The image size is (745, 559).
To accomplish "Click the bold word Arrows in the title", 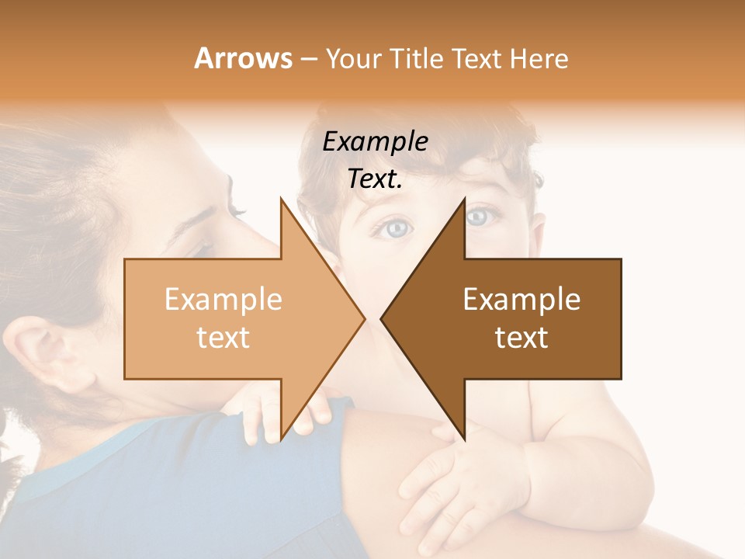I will (243, 58).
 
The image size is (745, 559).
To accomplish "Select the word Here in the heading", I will (540, 58).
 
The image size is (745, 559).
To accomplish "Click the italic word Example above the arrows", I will (376, 142).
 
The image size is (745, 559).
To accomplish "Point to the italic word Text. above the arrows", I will (376, 179).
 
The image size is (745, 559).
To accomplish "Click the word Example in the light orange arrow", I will (223, 300).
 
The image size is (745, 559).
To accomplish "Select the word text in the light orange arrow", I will (223, 337).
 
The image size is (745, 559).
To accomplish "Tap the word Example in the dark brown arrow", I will (521, 300).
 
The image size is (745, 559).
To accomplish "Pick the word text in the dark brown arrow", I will (521, 337).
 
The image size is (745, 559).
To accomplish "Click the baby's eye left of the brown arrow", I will (397, 227).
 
